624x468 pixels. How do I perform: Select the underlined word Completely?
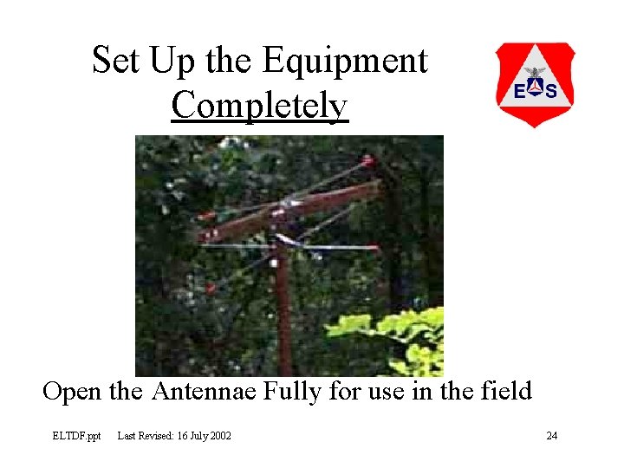(259, 106)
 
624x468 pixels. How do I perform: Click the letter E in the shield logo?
(517, 90)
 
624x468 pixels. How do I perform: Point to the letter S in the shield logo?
(552, 90)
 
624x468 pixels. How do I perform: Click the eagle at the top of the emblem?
(535, 73)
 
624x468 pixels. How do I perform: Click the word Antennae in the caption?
(204, 392)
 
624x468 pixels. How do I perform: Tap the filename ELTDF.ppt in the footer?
(76, 435)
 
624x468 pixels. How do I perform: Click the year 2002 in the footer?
(218, 435)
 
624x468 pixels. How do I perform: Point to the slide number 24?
(551, 435)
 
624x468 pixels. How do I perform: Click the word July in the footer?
(192, 435)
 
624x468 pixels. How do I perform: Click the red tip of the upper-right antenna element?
(368, 160)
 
